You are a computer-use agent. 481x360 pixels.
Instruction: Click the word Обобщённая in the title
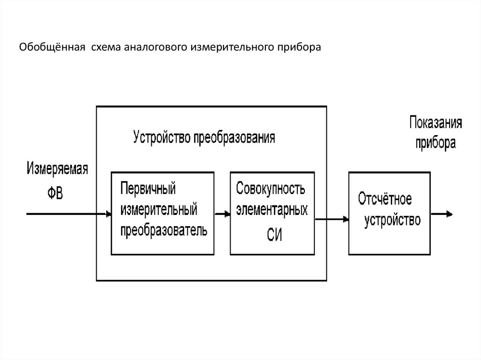[52, 47]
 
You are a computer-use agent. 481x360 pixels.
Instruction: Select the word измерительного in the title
[225, 47]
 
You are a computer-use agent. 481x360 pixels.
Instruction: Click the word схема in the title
[106, 47]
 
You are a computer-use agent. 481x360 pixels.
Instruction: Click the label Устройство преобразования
[204, 138]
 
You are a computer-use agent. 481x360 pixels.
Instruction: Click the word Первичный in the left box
[148, 189]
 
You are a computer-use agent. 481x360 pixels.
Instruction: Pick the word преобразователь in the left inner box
[163, 230]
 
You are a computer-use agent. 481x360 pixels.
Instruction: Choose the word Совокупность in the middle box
[271, 189]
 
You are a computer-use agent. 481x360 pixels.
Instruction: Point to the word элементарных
[272, 210]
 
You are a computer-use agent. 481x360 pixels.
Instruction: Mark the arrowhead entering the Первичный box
[109, 214]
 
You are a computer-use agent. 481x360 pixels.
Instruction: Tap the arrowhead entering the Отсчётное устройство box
[345, 218]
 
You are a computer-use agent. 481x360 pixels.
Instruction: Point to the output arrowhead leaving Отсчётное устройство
[450, 214]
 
